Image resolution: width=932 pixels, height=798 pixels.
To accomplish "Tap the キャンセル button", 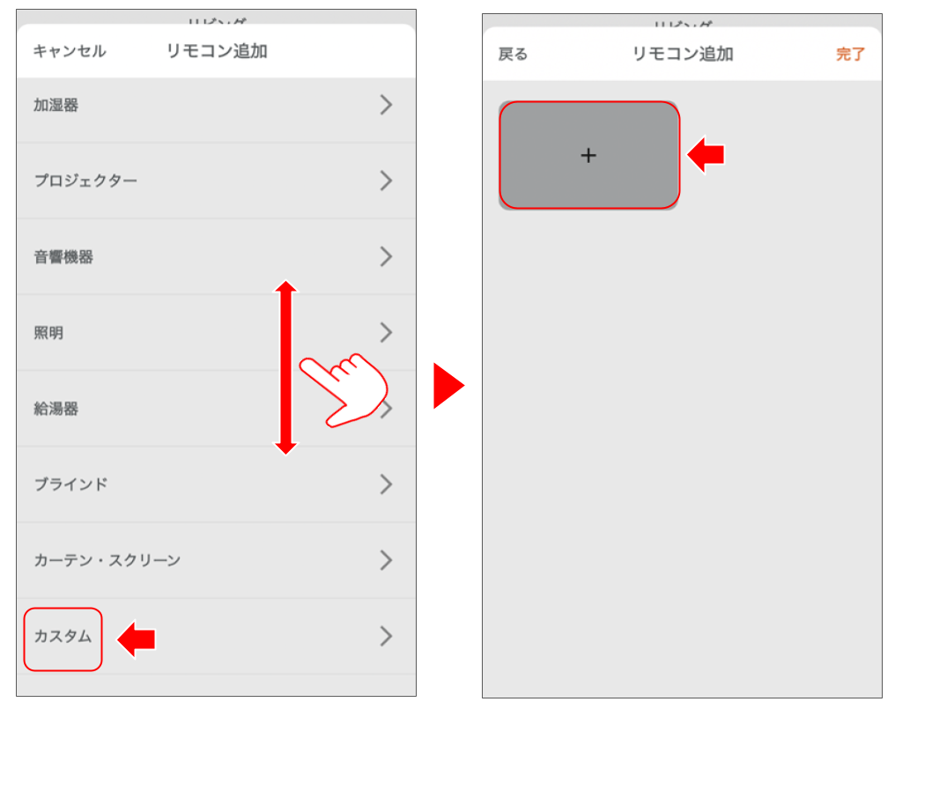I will click(69, 51).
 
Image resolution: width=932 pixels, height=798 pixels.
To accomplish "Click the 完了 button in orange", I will click(850, 55).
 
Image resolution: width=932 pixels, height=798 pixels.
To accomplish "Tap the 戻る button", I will click(513, 55).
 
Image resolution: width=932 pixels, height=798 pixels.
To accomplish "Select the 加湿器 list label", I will click(56, 106).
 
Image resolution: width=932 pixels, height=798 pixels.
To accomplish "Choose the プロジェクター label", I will click(85, 181).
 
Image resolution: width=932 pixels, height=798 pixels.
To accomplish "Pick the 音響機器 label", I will click(63, 257).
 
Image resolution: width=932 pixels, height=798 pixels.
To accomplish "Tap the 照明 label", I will click(48, 333).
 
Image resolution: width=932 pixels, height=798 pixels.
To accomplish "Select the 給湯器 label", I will click(56, 409).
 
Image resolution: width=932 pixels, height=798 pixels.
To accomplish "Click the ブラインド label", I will click(70, 484).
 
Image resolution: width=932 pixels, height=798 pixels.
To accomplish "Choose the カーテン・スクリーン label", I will click(107, 560).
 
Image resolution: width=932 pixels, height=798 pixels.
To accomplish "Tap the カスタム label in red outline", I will click(63, 637).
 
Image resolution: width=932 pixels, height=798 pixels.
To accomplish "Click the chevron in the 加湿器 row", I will click(386, 106).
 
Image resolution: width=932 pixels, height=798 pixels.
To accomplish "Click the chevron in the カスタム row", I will click(386, 637).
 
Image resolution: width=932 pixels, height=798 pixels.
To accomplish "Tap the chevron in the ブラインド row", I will click(386, 484).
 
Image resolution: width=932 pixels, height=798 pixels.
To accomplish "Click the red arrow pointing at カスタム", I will click(137, 639).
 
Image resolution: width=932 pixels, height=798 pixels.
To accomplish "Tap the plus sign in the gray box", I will click(588, 156).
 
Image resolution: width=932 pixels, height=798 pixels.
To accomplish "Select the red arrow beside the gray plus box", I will click(706, 155).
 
